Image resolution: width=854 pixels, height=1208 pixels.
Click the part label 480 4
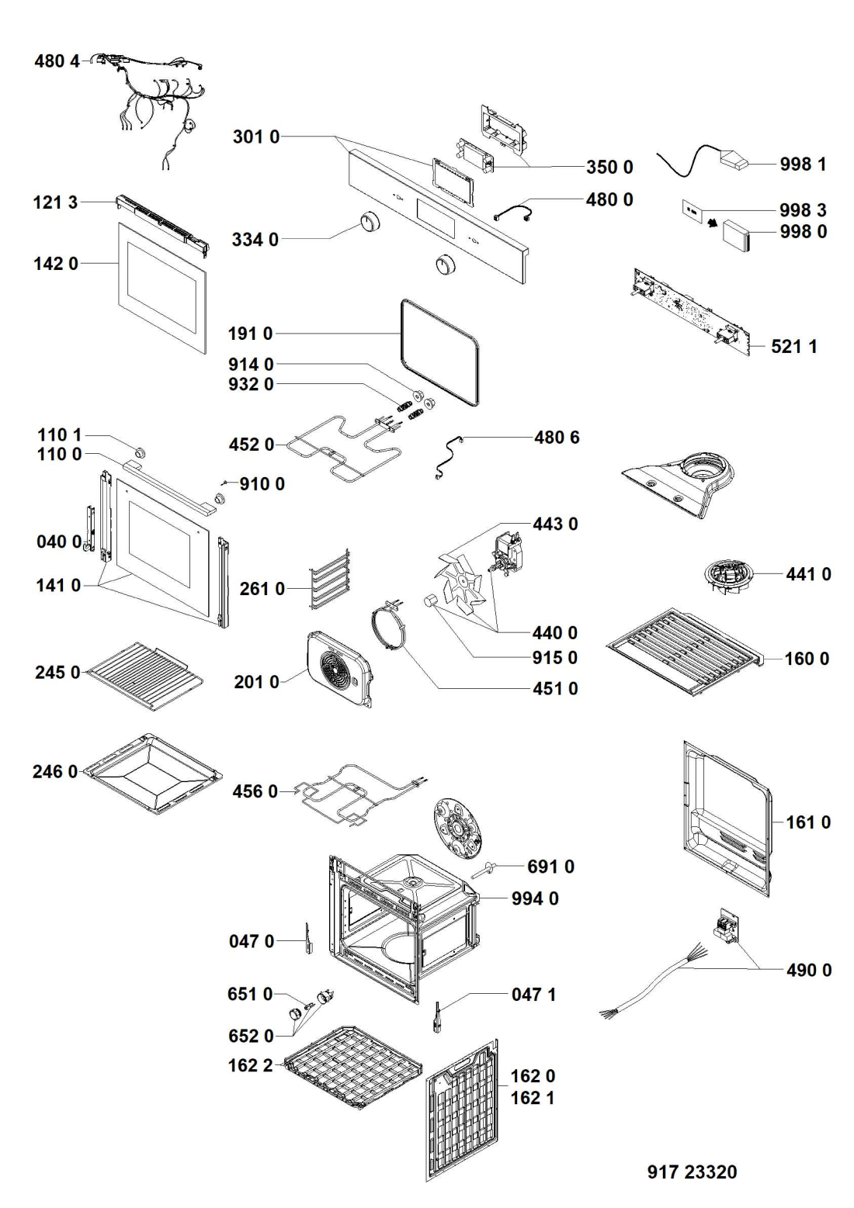[x=57, y=61]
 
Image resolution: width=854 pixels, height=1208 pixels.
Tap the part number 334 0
[x=255, y=239]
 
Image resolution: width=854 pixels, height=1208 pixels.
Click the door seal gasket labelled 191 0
[x=439, y=353]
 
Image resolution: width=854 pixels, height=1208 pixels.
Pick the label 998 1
[x=803, y=164]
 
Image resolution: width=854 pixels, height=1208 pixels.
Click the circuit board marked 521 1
[x=694, y=313]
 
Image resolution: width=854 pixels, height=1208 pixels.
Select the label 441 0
[x=808, y=574]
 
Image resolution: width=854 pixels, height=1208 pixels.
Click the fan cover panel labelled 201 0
[x=338, y=669]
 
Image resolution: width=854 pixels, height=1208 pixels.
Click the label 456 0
[x=255, y=791]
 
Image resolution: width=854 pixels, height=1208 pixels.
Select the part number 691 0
[x=550, y=867]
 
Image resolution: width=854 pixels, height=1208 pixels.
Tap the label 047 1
[x=533, y=995]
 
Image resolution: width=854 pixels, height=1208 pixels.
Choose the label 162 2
[x=251, y=1065]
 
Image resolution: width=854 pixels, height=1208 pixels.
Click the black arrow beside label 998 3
[x=713, y=222]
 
